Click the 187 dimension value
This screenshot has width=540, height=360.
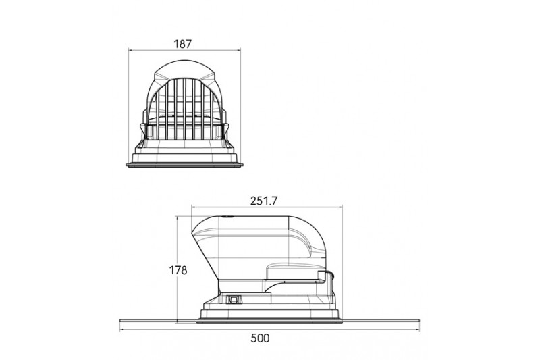182,44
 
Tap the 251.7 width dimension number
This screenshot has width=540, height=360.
264,201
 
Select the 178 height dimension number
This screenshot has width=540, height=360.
178,270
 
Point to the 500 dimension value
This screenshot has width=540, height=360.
260,338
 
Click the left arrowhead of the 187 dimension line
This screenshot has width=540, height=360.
130,50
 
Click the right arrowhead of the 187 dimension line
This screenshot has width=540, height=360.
238,50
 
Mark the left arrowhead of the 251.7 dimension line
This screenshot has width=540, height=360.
194,207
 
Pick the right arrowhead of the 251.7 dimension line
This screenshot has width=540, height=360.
340,207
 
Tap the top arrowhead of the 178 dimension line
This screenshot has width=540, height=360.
177,219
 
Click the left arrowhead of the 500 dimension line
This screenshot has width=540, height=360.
122,330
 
